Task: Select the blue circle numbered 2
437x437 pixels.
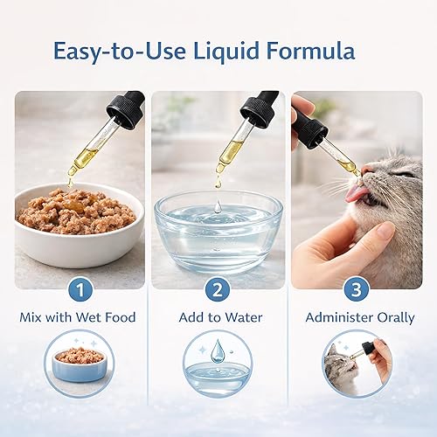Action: pos(218,289)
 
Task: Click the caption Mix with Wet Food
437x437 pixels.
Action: pos(78,317)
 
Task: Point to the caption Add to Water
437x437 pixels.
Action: pos(218,317)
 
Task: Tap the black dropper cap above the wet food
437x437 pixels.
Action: pos(124,108)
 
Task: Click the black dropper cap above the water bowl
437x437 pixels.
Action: pos(260,108)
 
